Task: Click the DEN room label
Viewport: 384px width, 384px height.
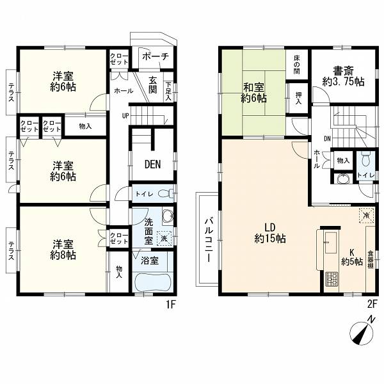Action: click(152, 164)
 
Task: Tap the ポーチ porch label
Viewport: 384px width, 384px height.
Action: click(156, 56)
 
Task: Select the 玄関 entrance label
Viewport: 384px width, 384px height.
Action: click(152, 85)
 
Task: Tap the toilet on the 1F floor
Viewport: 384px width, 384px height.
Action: click(166, 194)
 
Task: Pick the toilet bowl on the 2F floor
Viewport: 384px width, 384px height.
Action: click(365, 159)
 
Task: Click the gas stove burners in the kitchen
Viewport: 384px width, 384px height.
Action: click(331, 279)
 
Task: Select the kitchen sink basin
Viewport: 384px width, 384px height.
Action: click(331, 243)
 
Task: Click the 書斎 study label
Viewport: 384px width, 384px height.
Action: click(343, 71)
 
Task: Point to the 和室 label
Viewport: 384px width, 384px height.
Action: click(253, 87)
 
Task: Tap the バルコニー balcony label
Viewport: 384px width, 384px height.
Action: click(209, 239)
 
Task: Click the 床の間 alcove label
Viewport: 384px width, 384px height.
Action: click(297, 65)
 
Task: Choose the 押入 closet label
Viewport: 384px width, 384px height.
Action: click(298, 98)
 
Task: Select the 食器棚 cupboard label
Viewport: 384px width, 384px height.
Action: click(371, 259)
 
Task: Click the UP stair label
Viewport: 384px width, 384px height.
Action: click(125, 116)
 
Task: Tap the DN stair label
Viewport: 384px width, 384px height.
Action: click(328, 139)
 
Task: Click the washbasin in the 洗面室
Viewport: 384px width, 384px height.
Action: click(168, 216)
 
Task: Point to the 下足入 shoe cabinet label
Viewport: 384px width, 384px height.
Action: click(168, 92)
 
